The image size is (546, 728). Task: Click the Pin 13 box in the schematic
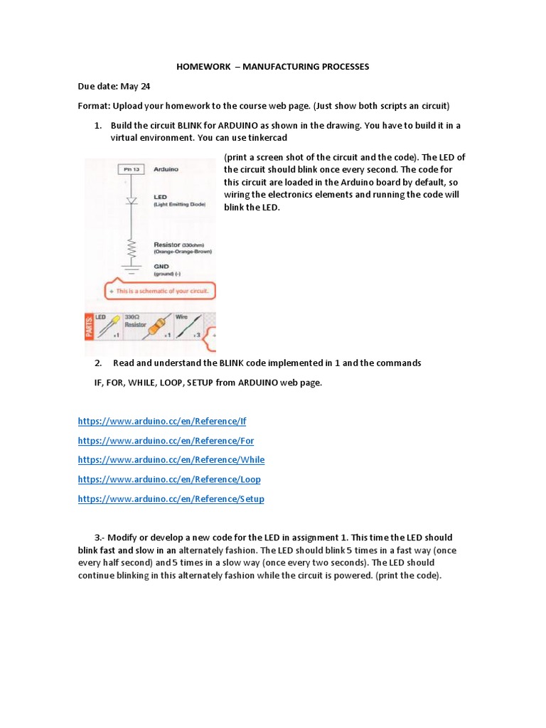129,169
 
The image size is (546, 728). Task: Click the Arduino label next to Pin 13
166,169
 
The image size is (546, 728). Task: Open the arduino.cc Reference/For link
166,441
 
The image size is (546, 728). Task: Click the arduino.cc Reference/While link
171,460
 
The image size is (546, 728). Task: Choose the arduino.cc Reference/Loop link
169,479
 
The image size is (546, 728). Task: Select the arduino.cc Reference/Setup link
171,499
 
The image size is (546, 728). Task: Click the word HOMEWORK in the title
203,67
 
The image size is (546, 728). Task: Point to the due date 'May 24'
136,87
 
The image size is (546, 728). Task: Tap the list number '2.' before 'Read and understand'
98,363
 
